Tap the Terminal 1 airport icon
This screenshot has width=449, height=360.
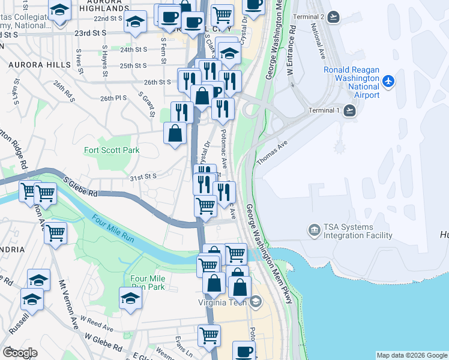[x=351, y=110]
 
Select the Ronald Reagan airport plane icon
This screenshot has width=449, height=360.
[x=389, y=80]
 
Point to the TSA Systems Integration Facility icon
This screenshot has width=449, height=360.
[x=313, y=230]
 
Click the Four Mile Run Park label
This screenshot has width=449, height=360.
[x=148, y=283]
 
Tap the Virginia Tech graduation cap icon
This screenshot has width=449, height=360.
[x=256, y=302]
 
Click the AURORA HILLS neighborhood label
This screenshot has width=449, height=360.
[x=32, y=63]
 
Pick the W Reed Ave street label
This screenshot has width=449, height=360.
[x=97, y=325]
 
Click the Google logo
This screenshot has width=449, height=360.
[x=20, y=353]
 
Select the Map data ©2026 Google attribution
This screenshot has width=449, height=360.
[x=411, y=355]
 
